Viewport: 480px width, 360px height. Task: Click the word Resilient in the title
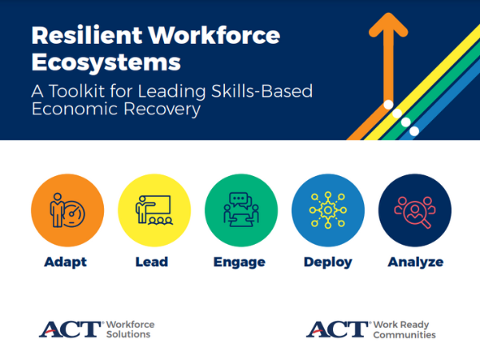pyautogui.click(x=87, y=35)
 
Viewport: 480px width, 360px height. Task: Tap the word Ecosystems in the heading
pyautogui.click(x=106, y=62)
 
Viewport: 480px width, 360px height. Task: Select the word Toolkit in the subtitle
pyautogui.click(x=77, y=91)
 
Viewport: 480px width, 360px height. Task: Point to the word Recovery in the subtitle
pyautogui.click(x=162, y=109)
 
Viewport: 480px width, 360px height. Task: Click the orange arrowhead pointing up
pyautogui.click(x=389, y=25)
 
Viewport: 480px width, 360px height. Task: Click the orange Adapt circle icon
pyautogui.click(x=68, y=210)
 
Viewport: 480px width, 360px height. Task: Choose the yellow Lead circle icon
pyautogui.click(x=154, y=210)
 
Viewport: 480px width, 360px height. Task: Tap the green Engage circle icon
pyautogui.click(x=242, y=210)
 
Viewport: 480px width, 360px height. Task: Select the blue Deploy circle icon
pyautogui.click(x=328, y=210)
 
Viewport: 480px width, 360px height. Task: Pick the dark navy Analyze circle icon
pyautogui.click(x=414, y=210)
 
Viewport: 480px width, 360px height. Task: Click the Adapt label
pyautogui.click(x=66, y=262)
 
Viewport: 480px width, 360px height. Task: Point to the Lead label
pyautogui.click(x=152, y=262)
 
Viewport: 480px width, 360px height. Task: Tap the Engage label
pyautogui.click(x=239, y=262)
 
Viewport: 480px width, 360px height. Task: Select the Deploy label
pyautogui.click(x=328, y=262)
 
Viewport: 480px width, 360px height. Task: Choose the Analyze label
pyautogui.click(x=415, y=262)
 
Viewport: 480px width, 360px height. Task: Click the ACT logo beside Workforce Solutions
pyautogui.click(x=70, y=330)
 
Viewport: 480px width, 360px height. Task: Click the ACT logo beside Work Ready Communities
pyautogui.click(x=338, y=330)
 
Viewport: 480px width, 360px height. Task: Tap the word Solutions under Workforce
pyautogui.click(x=128, y=334)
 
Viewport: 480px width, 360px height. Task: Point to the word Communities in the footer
pyautogui.click(x=404, y=335)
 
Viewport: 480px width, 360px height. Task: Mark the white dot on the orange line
pyautogui.click(x=389, y=105)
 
